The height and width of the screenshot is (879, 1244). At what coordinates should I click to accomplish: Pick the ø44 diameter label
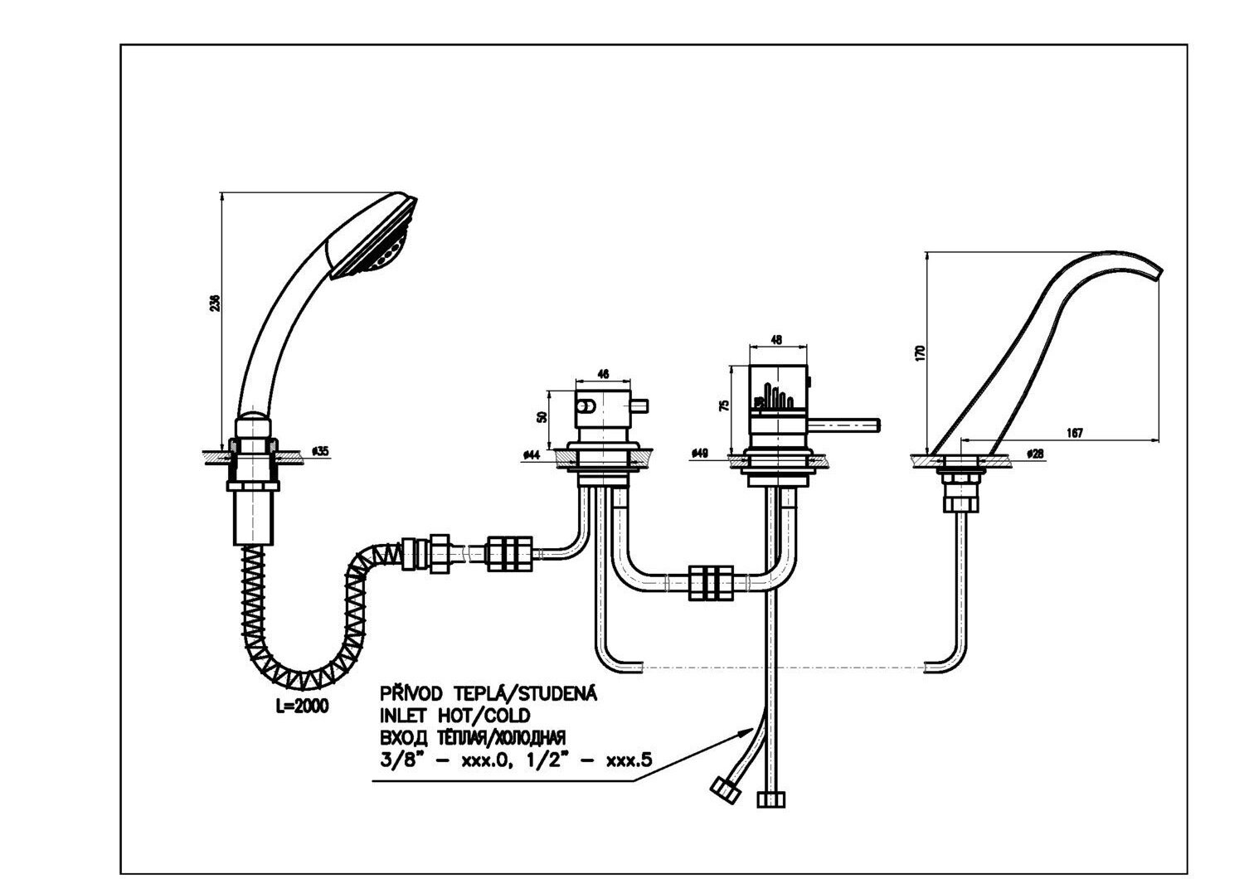pyautogui.click(x=532, y=454)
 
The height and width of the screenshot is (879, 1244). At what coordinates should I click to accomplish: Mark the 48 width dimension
pyautogui.click(x=776, y=340)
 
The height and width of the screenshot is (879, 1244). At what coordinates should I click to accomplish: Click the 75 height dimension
pyautogui.click(x=724, y=406)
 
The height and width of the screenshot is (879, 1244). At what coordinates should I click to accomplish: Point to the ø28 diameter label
pyautogui.click(x=1034, y=454)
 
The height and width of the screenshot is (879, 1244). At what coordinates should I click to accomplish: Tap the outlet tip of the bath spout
pyautogui.click(x=1158, y=274)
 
